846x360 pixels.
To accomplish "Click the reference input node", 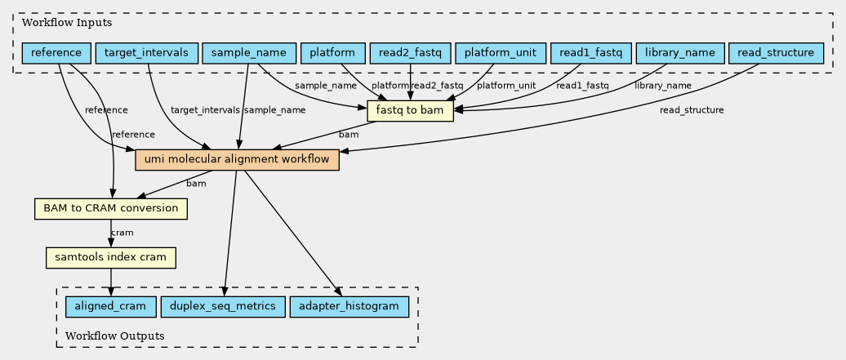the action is (x=56, y=53).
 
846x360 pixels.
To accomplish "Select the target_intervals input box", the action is (x=146, y=53).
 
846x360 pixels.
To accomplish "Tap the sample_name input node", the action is (x=249, y=53).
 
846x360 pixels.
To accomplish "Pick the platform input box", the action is (x=333, y=53).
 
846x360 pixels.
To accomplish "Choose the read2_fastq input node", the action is (x=411, y=53).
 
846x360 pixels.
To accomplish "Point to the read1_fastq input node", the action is (x=590, y=53).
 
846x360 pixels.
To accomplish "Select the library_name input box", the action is (x=679, y=53).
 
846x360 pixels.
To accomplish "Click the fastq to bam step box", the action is (x=410, y=111).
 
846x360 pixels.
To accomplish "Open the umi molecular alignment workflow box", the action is (x=237, y=160).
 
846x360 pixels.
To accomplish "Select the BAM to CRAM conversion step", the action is (x=110, y=208).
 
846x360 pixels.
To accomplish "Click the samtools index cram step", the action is (x=110, y=257).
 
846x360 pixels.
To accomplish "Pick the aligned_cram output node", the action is (x=110, y=307).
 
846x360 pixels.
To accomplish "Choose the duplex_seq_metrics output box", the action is (x=223, y=307).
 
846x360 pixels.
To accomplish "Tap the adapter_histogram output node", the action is (x=349, y=307).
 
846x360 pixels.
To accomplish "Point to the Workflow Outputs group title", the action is (x=115, y=336).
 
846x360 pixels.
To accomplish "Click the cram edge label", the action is (x=122, y=233).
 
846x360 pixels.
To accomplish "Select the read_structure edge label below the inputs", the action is (x=692, y=110).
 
